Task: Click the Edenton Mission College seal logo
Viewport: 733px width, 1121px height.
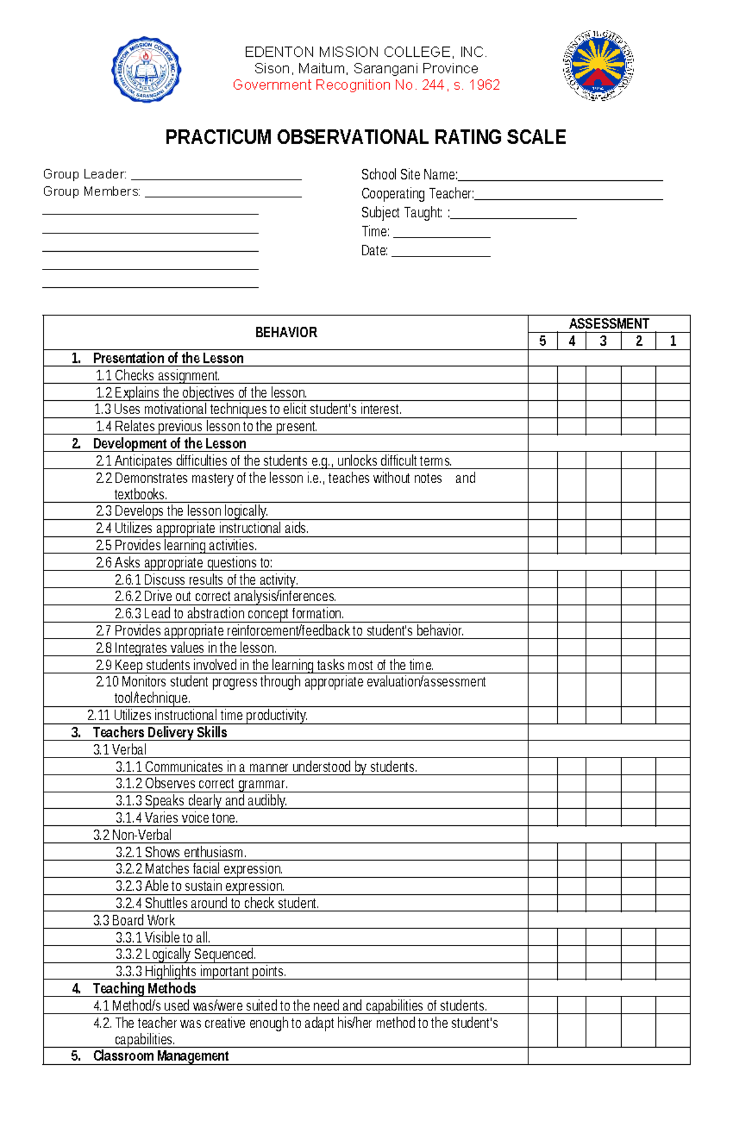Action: point(146,69)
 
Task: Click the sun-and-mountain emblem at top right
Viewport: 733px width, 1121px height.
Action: point(598,65)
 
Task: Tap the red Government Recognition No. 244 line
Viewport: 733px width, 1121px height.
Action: point(366,85)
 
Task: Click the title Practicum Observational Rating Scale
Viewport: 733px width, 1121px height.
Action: point(365,137)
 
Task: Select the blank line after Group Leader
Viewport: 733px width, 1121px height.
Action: point(216,175)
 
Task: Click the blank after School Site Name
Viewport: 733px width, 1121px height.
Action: point(560,176)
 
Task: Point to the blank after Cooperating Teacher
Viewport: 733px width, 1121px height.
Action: point(569,195)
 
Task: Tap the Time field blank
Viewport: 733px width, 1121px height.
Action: point(442,233)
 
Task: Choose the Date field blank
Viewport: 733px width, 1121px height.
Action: point(440,252)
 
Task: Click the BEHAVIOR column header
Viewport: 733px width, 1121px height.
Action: point(286,332)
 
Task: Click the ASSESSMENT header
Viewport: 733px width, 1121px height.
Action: point(608,324)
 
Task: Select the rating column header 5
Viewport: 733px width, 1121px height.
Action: point(542,341)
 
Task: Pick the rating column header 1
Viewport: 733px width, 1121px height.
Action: point(673,341)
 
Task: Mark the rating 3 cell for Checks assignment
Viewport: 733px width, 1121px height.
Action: point(603,375)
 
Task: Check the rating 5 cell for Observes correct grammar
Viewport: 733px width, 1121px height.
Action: point(542,783)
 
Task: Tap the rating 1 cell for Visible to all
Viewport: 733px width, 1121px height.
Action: point(673,937)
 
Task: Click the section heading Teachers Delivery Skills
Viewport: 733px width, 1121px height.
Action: point(159,732)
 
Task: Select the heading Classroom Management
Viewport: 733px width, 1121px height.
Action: point(161,1056)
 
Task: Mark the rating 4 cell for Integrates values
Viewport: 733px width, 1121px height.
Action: point(571,648)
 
